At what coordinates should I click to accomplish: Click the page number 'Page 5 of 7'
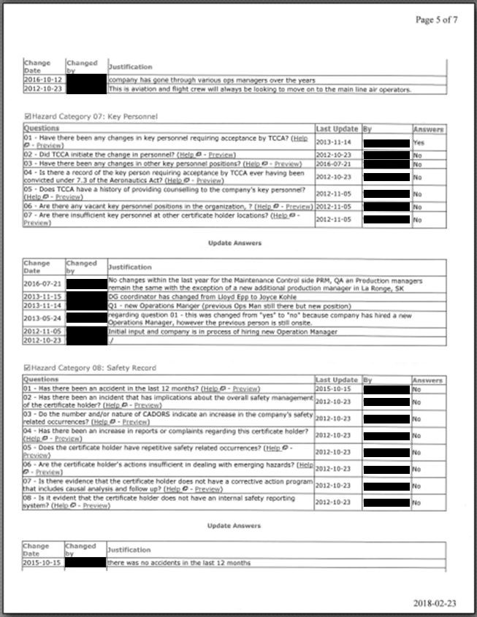tap(436, 20)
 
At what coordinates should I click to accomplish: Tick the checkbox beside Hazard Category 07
tap(27, 116)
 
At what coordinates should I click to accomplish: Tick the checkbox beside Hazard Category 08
tap(27, 368)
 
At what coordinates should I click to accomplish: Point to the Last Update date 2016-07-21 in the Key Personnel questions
tap(332, 164)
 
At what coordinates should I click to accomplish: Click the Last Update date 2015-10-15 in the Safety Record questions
tap(332, 389)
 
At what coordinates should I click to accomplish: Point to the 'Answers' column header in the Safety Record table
tap(427, 380)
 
